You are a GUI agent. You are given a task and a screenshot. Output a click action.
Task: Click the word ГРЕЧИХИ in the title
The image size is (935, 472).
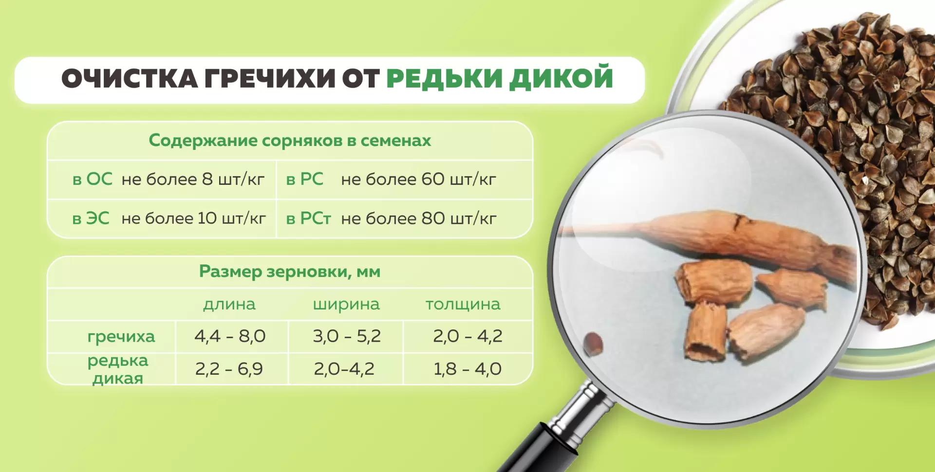point(269,79)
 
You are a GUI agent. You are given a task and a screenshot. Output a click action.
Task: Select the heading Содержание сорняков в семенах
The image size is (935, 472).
point(290,141)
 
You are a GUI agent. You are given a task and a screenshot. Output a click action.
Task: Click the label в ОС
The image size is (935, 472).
point(92,180)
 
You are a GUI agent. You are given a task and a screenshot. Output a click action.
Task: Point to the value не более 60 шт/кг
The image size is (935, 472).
point(418,180)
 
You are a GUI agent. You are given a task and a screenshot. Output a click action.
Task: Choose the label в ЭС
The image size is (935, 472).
point(91,218)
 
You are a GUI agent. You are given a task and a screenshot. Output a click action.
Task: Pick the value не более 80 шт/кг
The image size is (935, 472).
point(418,218)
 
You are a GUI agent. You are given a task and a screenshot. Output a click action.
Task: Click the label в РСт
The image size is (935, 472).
point(308,218)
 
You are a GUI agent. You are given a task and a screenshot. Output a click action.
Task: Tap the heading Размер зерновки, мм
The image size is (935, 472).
point(290,272)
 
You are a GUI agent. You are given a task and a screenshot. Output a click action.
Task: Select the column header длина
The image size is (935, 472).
point(229,305)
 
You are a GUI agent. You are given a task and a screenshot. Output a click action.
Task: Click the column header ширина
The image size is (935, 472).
point(346,305)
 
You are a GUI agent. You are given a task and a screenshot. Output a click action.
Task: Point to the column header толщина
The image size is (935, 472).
point(463,305)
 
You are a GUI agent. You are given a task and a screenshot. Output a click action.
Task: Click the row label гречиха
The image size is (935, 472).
point(121,336)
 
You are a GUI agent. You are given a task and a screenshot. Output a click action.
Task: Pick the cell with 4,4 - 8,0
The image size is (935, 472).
point(230,336)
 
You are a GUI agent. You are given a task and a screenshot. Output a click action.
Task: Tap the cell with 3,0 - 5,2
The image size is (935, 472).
point(347,336)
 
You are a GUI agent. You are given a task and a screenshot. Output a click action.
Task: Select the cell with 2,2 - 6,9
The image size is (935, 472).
point(229,369)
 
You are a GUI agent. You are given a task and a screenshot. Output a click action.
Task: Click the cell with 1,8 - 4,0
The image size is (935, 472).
point(467,369)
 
